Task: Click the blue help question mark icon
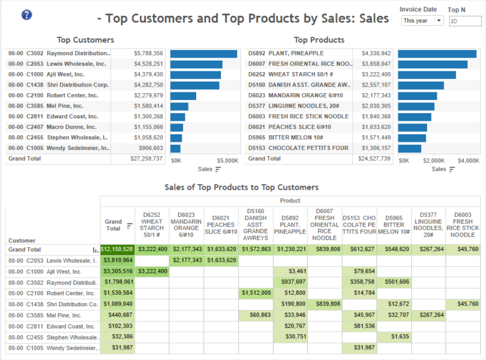click(27, 15)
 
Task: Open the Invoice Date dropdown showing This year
click(422, 21)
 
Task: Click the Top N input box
click(465, 22)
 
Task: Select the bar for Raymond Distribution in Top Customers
click(203, 54)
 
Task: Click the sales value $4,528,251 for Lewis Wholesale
click(148, 64)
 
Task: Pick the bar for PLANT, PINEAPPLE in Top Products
click(437, 54)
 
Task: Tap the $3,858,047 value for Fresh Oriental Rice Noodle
click(376, 64)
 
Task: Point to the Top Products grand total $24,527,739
click(376, 159)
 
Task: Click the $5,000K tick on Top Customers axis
click(227, 161)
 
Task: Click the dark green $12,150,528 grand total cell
click(117, 249)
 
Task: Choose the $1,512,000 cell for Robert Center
click(256, 293)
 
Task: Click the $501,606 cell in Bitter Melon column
click(394, 282)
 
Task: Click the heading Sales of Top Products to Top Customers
click(241, 187)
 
